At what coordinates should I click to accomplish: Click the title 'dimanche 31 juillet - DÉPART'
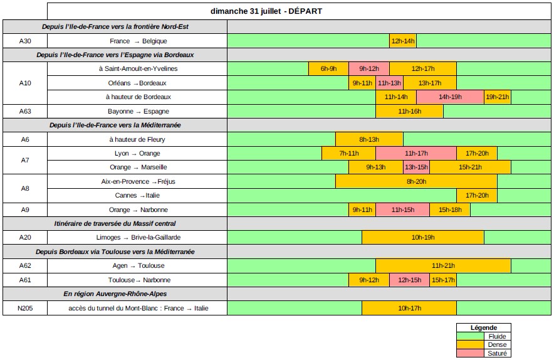point(266,11)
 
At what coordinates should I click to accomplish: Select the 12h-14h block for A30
point(402,41)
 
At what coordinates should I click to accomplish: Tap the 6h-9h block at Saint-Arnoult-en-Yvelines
point(328,69)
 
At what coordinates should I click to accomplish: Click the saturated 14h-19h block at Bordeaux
point(449,97)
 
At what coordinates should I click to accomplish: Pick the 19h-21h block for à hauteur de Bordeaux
point(498,97)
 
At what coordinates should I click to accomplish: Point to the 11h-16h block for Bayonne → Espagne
point(409,111)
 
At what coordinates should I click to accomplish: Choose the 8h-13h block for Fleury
point(369,139)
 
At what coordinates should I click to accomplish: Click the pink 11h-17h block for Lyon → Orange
point(415,154)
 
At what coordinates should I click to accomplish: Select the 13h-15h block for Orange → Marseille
point(416,167)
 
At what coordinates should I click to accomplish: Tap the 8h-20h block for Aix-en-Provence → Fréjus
point(416,182)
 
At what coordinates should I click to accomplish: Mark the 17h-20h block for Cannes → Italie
point(476,196)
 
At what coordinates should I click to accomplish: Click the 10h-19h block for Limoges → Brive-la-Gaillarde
point(423,238)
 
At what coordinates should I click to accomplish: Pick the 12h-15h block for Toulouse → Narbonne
point(409,280)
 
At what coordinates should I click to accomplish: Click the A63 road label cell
point(25,111)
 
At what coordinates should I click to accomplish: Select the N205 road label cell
point(25,309)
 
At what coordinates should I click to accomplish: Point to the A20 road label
point(25,238)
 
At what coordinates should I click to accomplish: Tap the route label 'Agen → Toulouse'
point(137,266)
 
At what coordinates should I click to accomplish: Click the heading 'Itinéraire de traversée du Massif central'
point(115,224)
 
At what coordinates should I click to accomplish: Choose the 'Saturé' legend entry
point(496,353)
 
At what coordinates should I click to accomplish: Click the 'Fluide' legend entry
point(496,337)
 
